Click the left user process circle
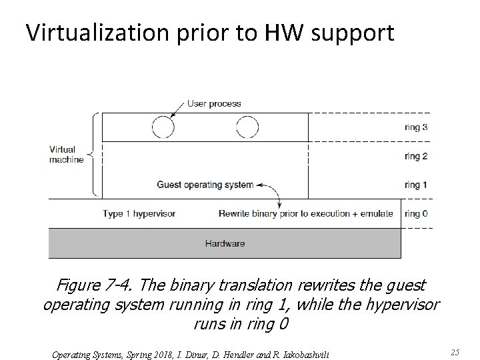tap(163, 127)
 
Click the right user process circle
tap(247, 127)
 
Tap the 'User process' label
tap(214, 104)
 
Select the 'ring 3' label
tap(416, 127)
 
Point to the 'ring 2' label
tap(416, 157)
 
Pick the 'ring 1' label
tap(416, 185)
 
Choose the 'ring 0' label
tap(416, 214)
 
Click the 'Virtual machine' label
tap(67, 155)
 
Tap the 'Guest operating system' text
tap(205, 185)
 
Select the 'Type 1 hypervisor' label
tap(139, 214)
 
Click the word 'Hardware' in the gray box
tap(225, 243)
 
